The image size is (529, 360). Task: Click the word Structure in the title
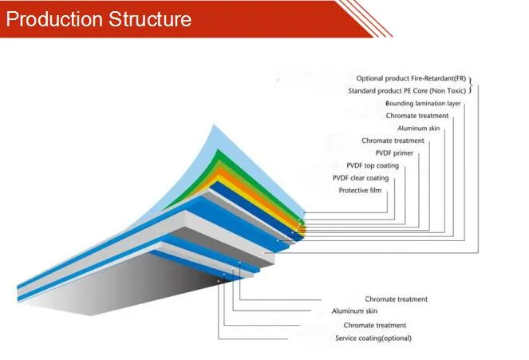[x=149, y=18]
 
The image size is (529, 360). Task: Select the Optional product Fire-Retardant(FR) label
[x=411, y=78]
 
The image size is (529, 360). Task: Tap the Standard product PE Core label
[x=407, y=91]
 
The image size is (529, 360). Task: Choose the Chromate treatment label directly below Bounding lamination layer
[x=416, y=116]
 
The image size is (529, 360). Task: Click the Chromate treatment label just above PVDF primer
[x=393, y=141]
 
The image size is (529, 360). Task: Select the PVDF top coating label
[x=373, y=165]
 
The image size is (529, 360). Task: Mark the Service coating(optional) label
[x=373, y=338]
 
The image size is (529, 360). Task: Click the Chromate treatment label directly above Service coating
[x=374, y=326]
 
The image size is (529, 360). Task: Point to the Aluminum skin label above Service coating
[x=354, y=311]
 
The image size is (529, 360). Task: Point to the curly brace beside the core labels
[x=472, y=85]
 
